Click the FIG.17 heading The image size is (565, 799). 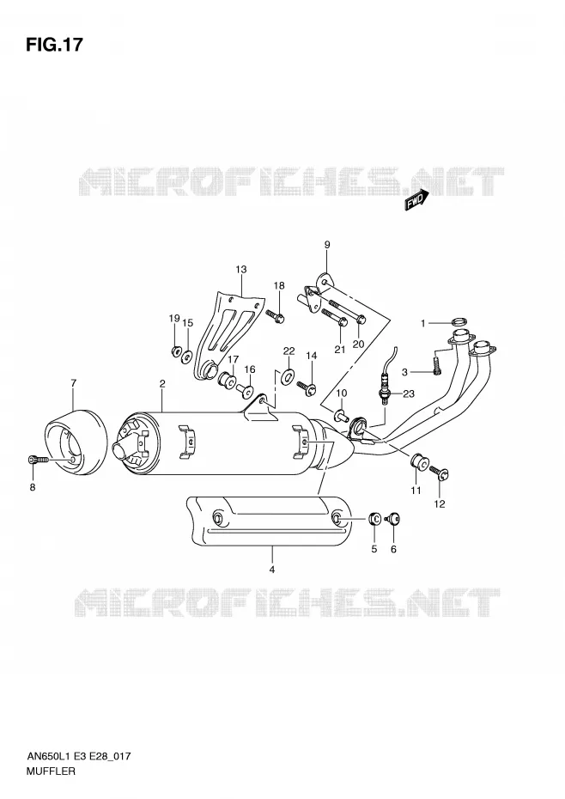(54, 45)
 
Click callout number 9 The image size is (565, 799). (327, 245)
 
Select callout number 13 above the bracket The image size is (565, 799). (241, 269)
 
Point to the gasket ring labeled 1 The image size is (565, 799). (459, 322)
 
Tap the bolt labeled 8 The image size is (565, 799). (38, 460)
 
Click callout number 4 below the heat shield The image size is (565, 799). (272, 570)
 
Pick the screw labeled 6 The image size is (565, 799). (394, 519)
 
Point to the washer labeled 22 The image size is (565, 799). (288, 376)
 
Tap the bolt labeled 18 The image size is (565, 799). (275, 316)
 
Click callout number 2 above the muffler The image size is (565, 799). (162, 384)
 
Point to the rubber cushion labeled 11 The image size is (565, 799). (419, 464)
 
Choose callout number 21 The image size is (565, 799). (340, 349)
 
